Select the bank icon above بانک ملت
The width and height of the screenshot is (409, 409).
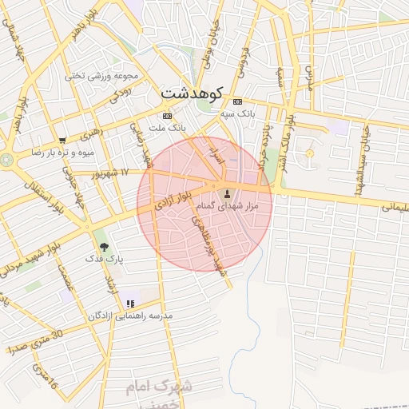click(166, 116)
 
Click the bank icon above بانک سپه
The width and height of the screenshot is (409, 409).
click(237, 102)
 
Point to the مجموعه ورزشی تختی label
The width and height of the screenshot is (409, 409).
click(101, 76)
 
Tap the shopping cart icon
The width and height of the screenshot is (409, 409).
click(62, 140)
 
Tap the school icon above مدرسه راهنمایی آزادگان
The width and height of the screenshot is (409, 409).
click(129, 304)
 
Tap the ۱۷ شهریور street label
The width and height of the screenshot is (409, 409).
click(108, 172)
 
